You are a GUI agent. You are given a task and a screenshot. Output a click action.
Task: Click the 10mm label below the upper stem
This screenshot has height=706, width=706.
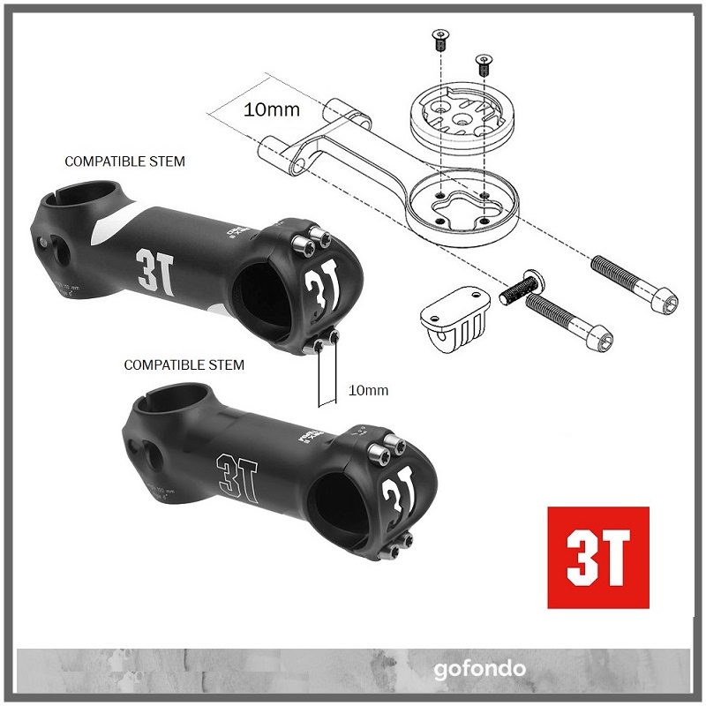[369, 389]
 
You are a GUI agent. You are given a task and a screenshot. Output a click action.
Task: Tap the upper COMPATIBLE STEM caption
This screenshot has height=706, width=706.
[125, 161]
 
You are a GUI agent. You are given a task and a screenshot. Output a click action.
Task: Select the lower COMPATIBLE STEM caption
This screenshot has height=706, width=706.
[184, 364]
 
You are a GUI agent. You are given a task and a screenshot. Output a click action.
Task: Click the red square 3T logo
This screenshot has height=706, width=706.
[597, 557]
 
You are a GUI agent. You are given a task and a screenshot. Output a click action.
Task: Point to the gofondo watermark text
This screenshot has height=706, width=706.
[479, 668]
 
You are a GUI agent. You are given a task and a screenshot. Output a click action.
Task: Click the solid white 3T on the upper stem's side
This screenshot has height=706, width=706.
[148, 264]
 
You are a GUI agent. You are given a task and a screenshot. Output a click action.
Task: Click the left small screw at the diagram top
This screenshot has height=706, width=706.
[439, 39]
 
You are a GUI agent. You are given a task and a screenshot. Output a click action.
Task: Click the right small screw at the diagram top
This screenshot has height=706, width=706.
[483, 64]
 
